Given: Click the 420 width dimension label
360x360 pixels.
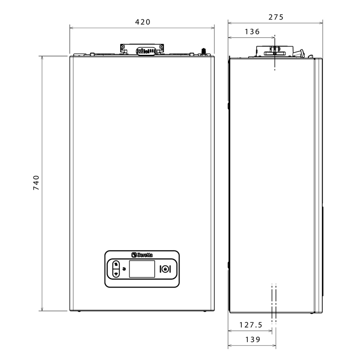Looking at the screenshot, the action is pos(143,22).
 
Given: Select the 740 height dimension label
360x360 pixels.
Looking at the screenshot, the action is pos(36,183).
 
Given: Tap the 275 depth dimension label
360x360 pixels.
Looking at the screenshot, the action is pos(276,17).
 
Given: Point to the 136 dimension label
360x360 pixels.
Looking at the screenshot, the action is pos(252,32).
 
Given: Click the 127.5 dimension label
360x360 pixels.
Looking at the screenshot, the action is pos(251,325).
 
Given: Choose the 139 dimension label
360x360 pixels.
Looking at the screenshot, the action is pos(253,340).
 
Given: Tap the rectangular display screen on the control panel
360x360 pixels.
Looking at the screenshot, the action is pos(142,269).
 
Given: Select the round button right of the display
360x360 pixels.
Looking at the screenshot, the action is pos(165,269).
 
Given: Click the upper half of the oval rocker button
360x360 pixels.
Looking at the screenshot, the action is pos(116,264).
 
